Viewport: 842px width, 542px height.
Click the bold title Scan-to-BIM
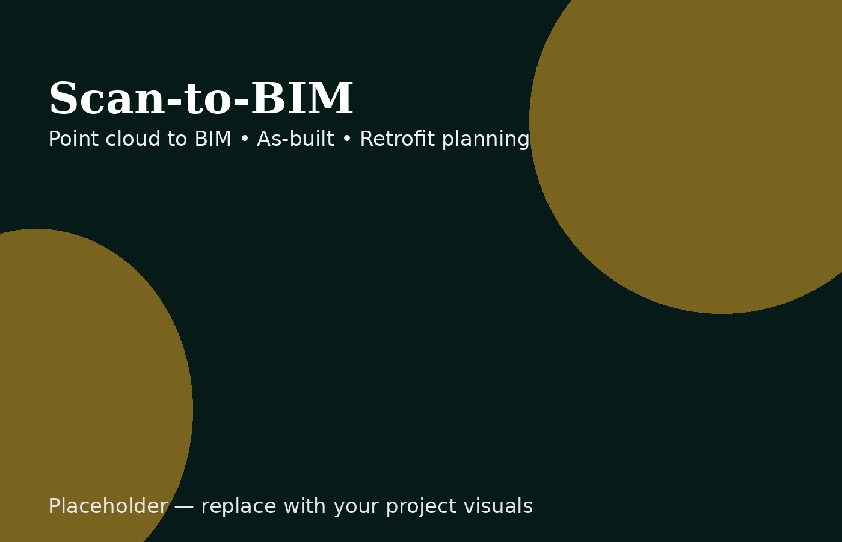(x=201, y=99)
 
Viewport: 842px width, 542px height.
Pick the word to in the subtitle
(x=177, y=139)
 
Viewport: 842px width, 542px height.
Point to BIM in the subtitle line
(x=212, y=139)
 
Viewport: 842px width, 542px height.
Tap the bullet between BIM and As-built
(x=244, y=139)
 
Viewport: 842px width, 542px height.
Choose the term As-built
(x=295, y=139)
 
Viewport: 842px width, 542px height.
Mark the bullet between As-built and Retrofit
(x=347, y=139)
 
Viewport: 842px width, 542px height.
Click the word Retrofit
(x=397, y=139)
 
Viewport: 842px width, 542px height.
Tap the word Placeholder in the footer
(x=108, y=506)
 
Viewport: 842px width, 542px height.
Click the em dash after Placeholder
(x=184, y=507)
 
